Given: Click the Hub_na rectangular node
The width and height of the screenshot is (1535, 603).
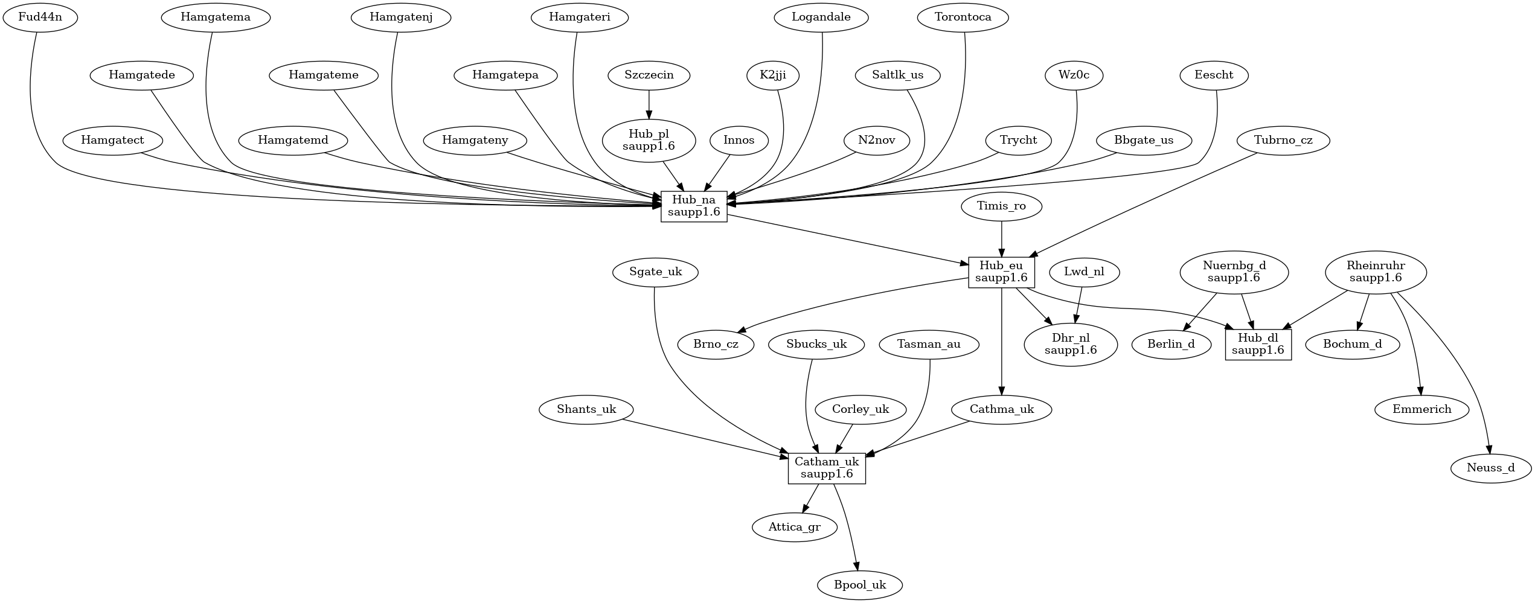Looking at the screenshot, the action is [694, 206].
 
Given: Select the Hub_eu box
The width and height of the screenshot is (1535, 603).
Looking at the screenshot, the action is [1001, 272].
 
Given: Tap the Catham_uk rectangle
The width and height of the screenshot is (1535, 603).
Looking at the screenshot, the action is [827, 468].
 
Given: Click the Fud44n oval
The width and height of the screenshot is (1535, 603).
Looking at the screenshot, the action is [40, 17].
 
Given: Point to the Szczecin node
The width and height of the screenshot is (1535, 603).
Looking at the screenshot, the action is [649, 75].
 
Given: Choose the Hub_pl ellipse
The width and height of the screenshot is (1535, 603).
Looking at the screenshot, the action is [649, 141].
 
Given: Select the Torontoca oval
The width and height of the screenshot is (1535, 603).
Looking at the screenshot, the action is [963, 17].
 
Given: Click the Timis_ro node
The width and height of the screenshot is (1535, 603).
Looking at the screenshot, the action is [1002, 206].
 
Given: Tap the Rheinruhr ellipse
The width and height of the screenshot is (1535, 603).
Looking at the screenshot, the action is [1376, 272].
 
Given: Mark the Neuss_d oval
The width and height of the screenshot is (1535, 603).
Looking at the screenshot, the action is [1491, 468].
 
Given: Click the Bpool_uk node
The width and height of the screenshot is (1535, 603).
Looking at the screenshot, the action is [860, 585].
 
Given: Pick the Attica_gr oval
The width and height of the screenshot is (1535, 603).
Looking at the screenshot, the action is [795, 527].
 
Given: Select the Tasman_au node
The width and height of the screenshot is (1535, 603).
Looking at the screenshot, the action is [929, 345].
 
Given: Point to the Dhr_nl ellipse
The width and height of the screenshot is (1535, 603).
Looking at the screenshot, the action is [1071, 345].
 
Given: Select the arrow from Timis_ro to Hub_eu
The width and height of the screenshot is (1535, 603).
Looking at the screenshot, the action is [1002, 239].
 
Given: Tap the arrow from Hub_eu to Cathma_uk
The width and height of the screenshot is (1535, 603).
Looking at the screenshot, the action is [1002, 341].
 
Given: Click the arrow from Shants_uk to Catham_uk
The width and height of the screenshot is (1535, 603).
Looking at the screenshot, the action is [705, 437].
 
